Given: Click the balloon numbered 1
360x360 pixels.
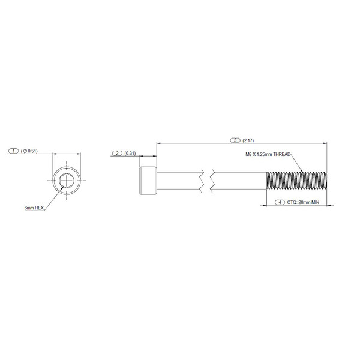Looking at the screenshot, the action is (x=14, y=151).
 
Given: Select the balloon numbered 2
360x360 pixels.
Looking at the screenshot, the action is (x=118, y=153).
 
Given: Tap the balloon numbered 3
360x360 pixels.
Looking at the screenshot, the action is (x=235, y=140).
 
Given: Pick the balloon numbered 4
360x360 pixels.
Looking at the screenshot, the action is (x=280, y=202).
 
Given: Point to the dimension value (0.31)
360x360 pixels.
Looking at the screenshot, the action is (x=130, y=153).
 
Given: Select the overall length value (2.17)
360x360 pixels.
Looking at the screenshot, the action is (x=248, y=140).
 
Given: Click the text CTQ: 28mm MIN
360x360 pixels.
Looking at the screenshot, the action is (x=303, y=202).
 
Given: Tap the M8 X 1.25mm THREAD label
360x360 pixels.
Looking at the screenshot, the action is (x=268, y=154).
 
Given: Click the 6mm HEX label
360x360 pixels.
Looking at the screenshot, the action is (x=34, y=208).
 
